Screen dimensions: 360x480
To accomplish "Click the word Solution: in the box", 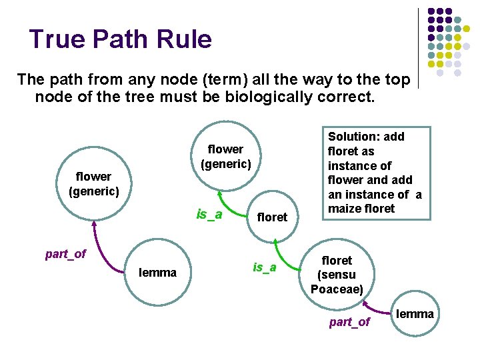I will click(x=353, y=137).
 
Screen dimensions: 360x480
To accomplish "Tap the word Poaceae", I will click(x=337, y=289).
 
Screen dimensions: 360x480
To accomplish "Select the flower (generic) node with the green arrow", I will click(x=225, y=156).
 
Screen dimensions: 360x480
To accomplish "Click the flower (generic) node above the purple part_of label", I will click(x=93, y=184).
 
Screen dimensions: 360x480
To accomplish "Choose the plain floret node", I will click(x=272, y=217).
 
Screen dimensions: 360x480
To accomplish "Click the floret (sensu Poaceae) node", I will click(x=337, y=274).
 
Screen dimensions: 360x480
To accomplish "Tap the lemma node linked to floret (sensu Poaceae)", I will click(x=415, y=313).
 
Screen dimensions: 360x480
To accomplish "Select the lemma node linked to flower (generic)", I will click(x=158, y=272).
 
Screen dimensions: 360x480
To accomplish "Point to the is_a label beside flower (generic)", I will click(x=209, y=214).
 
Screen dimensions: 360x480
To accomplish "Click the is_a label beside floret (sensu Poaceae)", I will click(x=265, y=267).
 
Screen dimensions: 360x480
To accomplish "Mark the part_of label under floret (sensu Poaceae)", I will click(x=349, y=322).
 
